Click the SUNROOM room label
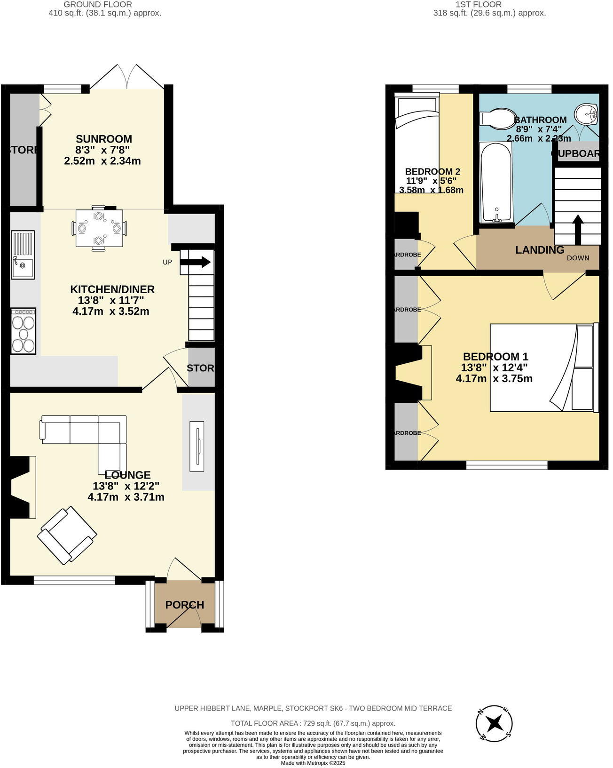coord(104,139)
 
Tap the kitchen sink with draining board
coord(23,255)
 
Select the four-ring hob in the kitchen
coord(24,331)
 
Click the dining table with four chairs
coord(99,228)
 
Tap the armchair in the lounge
coord(67,535)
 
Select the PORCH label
coord(185,605)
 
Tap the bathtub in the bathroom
coord(495,182)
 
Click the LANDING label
coord(540,250)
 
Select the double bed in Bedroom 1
coord(543,368)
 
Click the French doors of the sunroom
coord(127,77)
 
